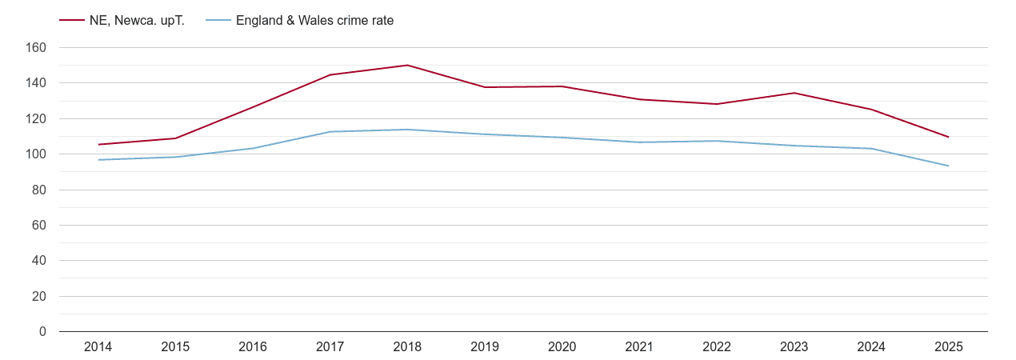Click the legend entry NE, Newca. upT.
[137, 21]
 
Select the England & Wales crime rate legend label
[314, 21]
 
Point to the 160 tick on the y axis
[37, 48]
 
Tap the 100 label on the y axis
[37, 154]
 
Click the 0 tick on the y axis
[42, 332]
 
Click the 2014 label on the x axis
[98, 347]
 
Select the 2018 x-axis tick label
[407, 347]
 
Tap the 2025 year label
[948, 347]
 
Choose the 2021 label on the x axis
[639, 347]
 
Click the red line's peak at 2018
[407, 66]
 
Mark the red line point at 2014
[98, 145]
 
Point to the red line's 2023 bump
[794, 93]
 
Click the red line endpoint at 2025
[948, 137]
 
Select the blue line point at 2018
[407, 130]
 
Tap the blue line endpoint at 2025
[948, 166]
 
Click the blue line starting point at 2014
[98, 160]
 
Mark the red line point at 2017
[330, 75]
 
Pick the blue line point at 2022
[717, 141]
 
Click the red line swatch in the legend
[71, 21]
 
